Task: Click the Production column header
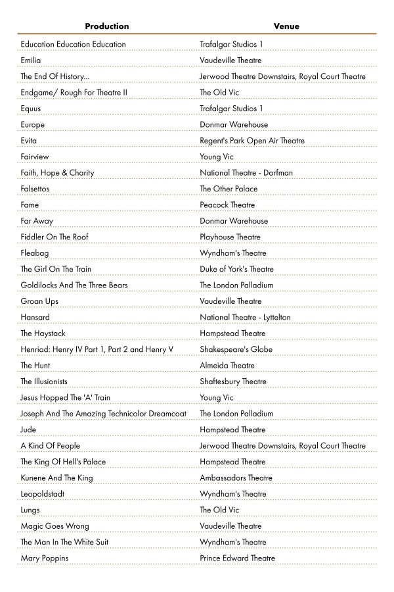(x=107, y=26)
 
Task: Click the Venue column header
(x=286, y=26)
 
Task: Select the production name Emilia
(x=30, y=61)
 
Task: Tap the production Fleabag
(x=34, y=253)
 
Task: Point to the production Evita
(x=29, y=141)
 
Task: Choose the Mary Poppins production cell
(x=44, y=558)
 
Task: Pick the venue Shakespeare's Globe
(x=236, y=349)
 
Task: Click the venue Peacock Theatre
(x=227, y=205)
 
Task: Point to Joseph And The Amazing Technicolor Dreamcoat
(x=103, y=414)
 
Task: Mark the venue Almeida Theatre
(x=227, y=366)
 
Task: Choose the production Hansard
(x=35, y=318)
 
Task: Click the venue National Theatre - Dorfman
(x=246, y=173)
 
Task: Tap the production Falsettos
(x=35, y=189)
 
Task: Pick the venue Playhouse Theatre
(x=230, y=237)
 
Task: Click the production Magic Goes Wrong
(x=55, y=526)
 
